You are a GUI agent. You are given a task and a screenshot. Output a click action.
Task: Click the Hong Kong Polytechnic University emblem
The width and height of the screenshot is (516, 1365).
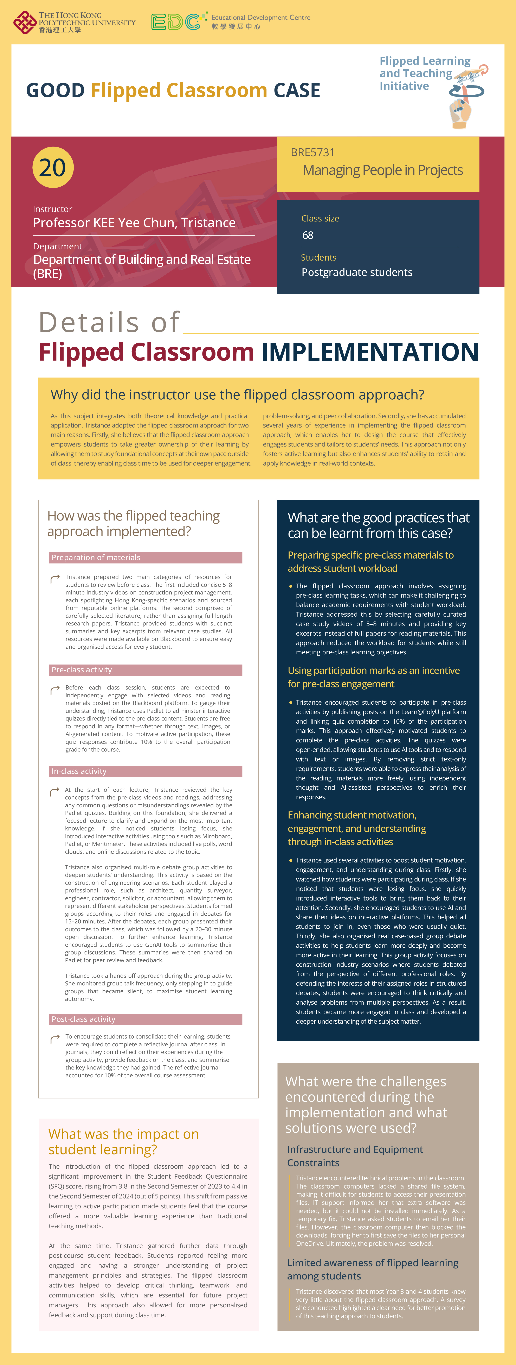(x=24, y=22)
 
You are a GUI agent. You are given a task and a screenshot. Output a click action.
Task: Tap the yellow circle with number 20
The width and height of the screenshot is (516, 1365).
(x=53, y=167)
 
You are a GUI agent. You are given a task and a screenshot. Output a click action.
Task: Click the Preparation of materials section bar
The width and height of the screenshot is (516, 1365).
(x=146, y=557)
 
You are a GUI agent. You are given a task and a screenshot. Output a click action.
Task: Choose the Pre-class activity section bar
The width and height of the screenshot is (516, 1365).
(x=146, y=670)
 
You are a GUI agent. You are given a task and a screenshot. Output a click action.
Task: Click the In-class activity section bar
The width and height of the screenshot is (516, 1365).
(x=146, y=771)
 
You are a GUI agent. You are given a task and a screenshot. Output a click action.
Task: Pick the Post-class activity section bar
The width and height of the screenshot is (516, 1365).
(x=146, y=1019)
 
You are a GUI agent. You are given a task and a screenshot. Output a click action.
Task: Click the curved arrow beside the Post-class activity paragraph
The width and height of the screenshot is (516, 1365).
(x=54, y=1039)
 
